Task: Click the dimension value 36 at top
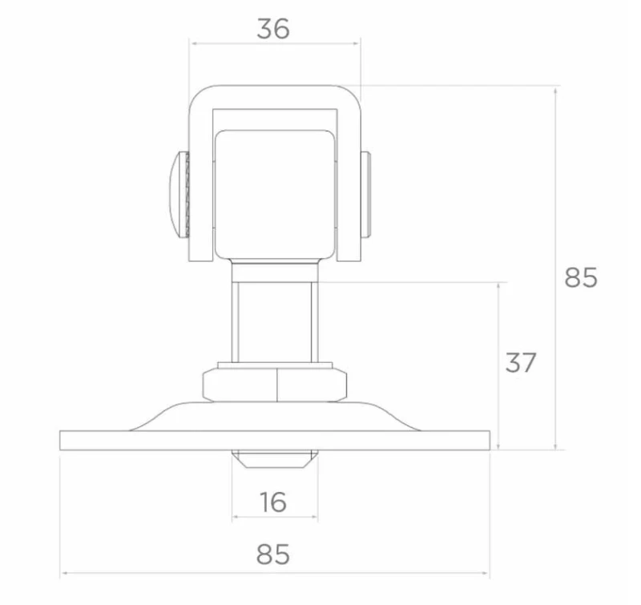coord(273,29)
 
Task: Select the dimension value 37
coord(520,362)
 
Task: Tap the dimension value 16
coord(273,502)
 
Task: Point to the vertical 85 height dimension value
coord(581,277)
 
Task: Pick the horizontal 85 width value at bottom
coord(273,555)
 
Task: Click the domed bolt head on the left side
coord(179,194)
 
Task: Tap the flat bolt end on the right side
coord(365,194)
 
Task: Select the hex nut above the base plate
coord(275,385)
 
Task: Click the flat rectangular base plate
coord(275,440)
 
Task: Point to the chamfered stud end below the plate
coord(275,459)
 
